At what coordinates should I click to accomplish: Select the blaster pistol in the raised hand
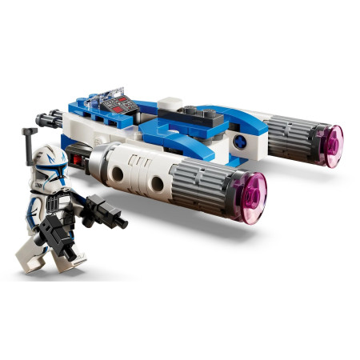click(x=104, y=211)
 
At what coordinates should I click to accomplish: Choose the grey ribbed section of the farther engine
click(x=294, y=137)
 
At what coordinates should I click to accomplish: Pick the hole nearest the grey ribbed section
click(x=157, y=184)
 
